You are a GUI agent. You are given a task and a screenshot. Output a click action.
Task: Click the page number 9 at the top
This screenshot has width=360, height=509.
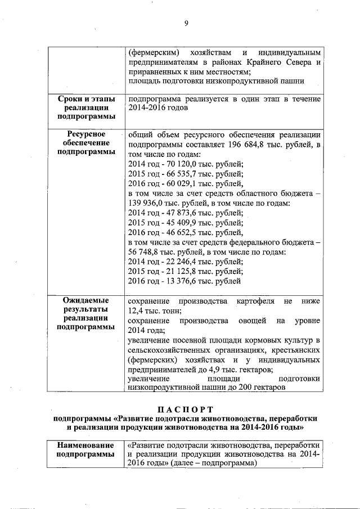coord(185,23)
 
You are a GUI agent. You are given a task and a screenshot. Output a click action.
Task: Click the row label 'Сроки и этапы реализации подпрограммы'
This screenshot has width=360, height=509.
coord(87,107)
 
